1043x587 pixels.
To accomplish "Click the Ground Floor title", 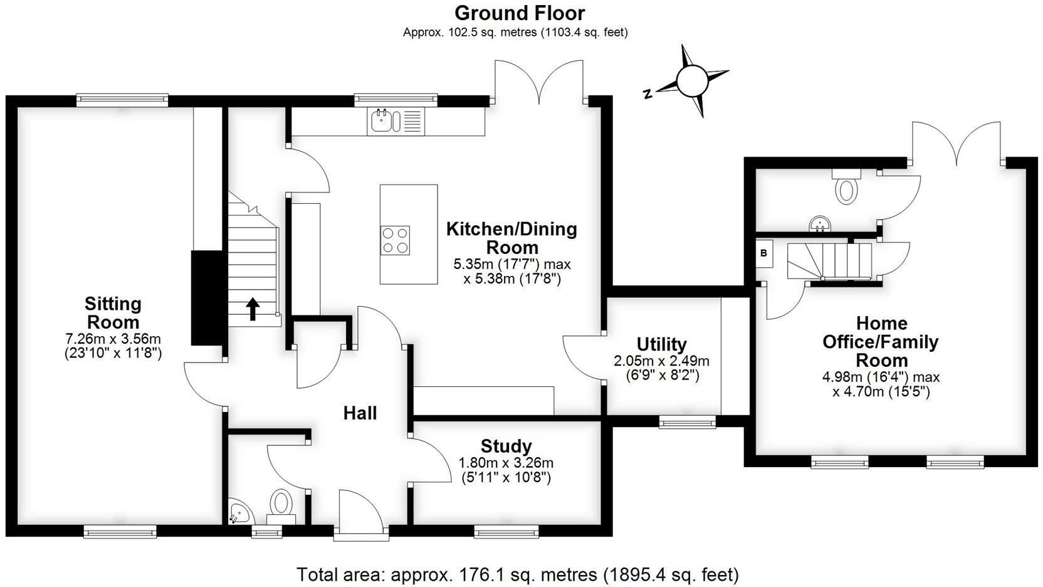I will click(x=520, y=13).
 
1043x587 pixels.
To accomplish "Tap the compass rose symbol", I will click(x=691, y=81).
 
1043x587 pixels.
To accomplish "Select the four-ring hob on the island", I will click(x=395, y=240).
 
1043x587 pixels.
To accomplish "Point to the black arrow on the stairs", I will click(x=253, y=309).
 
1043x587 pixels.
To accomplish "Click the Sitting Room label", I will click(x=113, y=313).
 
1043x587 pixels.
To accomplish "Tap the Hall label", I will click(x=360, y=413).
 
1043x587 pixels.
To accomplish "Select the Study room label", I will click(x=506, y=447).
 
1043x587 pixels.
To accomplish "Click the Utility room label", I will click(x=661, y=344).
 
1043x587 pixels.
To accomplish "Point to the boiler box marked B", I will click(x=764, y=253).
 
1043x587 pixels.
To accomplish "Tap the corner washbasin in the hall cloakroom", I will click(x=240, y=512).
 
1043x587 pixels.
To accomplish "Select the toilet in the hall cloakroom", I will click(x=281, y=505).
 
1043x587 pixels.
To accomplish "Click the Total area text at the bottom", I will click(x=517, y=574).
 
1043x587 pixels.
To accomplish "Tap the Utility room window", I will click(x=687, y=423).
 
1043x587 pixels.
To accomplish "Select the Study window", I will click(x=506, y=532).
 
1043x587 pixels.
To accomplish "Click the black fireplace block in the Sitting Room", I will click(x=207, y=298).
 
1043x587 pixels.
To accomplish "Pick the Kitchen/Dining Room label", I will click(x=511, y=238).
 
